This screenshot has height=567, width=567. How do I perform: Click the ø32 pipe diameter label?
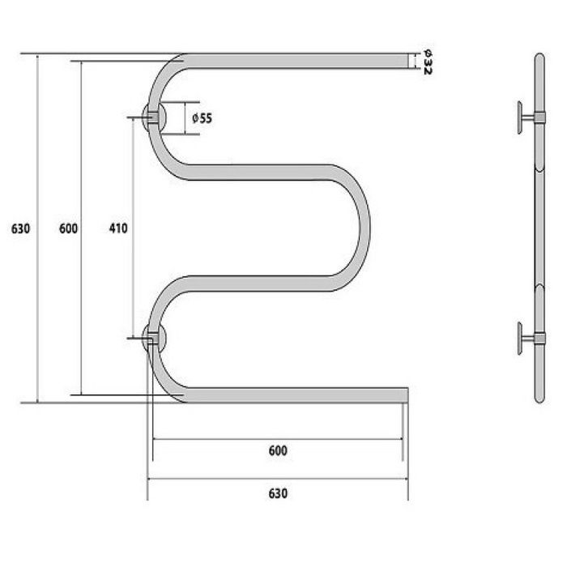pyautogui.click(x=427, y=62)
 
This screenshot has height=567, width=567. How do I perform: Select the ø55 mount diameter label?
pyautogui.click(x=202, y=118)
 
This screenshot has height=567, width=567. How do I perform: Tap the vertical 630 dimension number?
pyautogui.click(x=20, y=229)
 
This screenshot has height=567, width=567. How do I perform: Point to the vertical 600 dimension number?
pyautogui.click(x=68, y=228)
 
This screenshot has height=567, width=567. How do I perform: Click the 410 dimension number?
pyautogui.click(x=118, y=228)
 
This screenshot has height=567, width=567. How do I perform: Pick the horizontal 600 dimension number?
pyautogui.click(x=278, y=451)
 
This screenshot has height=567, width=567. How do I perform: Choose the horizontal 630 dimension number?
pyautogui.click(x=278, y=493)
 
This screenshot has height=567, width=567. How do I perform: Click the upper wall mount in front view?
pyautogui.click(x=154, y=117)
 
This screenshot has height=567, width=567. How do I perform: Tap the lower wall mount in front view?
pyautogui.click(x=154, y=339)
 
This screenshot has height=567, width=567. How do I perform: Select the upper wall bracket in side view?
pyautogui.click(x=531, y=117)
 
